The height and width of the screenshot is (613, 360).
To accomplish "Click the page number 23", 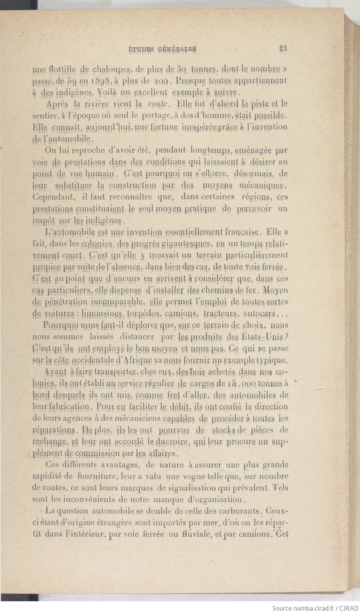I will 283,49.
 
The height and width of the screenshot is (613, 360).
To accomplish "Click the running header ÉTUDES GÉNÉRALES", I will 162,49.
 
